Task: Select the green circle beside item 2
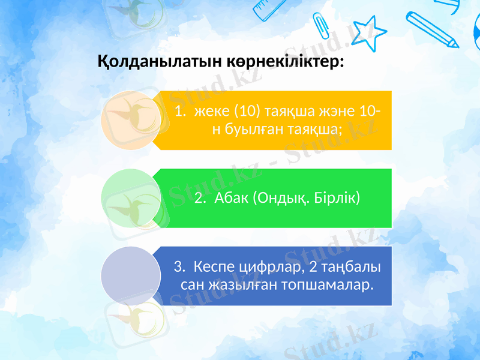coord(130,198)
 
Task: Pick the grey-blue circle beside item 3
coord(130,276)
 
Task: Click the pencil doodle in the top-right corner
coord(432,27)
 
